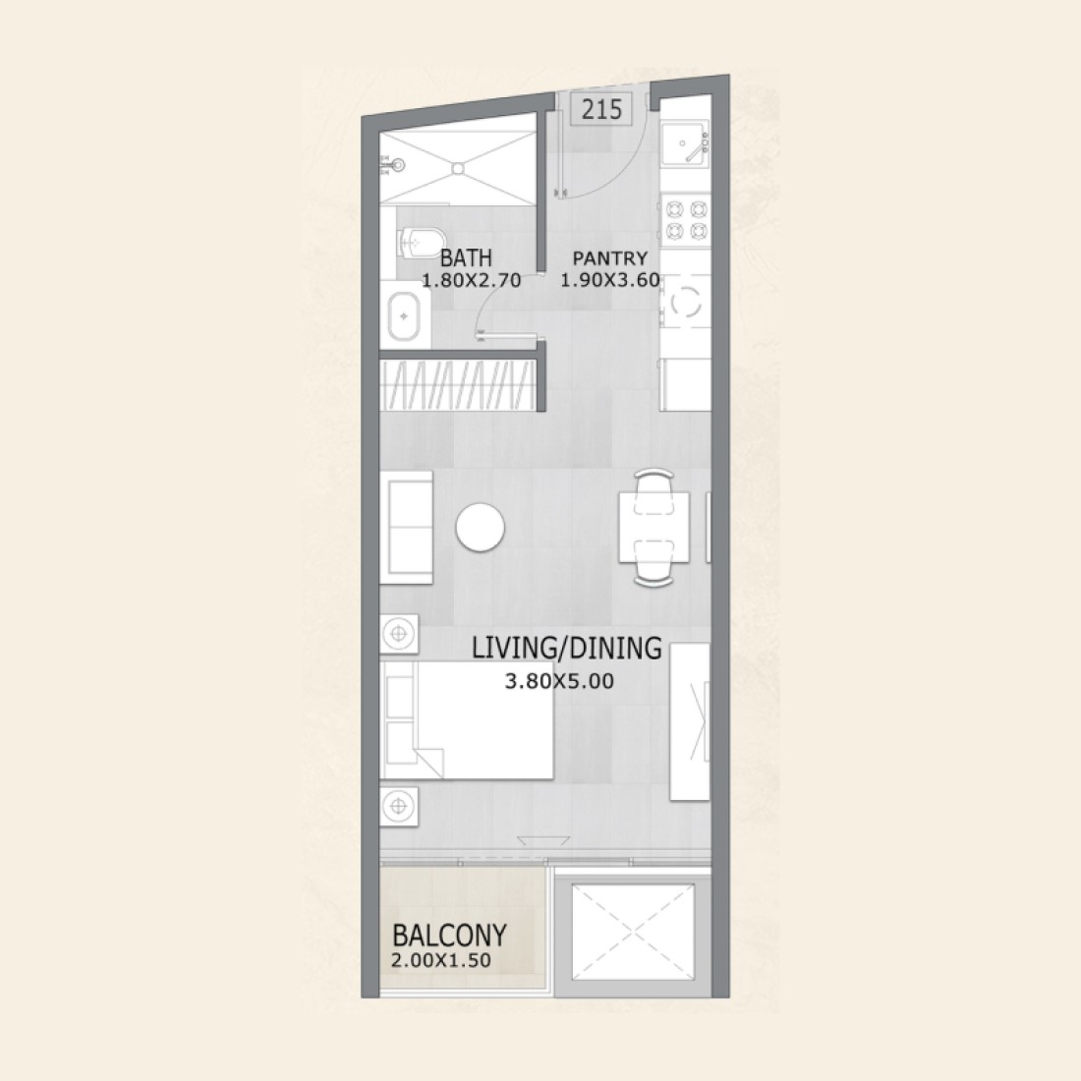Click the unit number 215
coord(601,110)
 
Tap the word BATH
coord(466,257)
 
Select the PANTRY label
coord(610,258)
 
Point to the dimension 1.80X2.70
coord(472,281)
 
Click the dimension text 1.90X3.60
coord(610,281)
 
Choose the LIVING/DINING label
coord(567,648)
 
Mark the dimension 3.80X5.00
coord(559,681)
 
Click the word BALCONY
coord(449,936)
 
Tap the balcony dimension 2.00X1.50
coord(441,960)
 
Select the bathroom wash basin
coord(404,316)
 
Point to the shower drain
coord(458,167)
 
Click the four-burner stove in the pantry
coord(686,219)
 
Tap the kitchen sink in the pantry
coord(684,144)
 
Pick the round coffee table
coord(480,528)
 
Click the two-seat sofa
coord(406,528)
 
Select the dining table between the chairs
coord(654,528)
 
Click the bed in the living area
coord(467,720)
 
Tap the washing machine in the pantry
coord(685,302)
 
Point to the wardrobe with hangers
coord(458,384)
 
